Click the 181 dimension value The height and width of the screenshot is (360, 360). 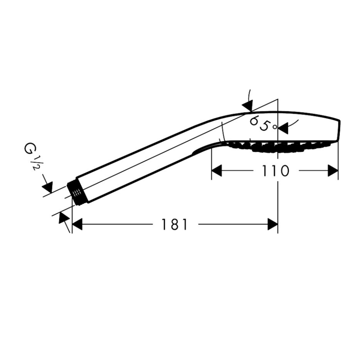point(174,224)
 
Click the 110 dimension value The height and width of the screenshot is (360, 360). point(275,171)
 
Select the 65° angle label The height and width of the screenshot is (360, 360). point(263,123)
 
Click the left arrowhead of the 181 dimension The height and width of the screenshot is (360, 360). point(77,224)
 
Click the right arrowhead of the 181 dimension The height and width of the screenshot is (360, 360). point(273,224)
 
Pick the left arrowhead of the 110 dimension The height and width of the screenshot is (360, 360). point(216,170)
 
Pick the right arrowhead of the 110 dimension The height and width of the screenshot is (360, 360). point(333,170)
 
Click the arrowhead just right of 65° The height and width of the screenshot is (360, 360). point(283,128)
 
